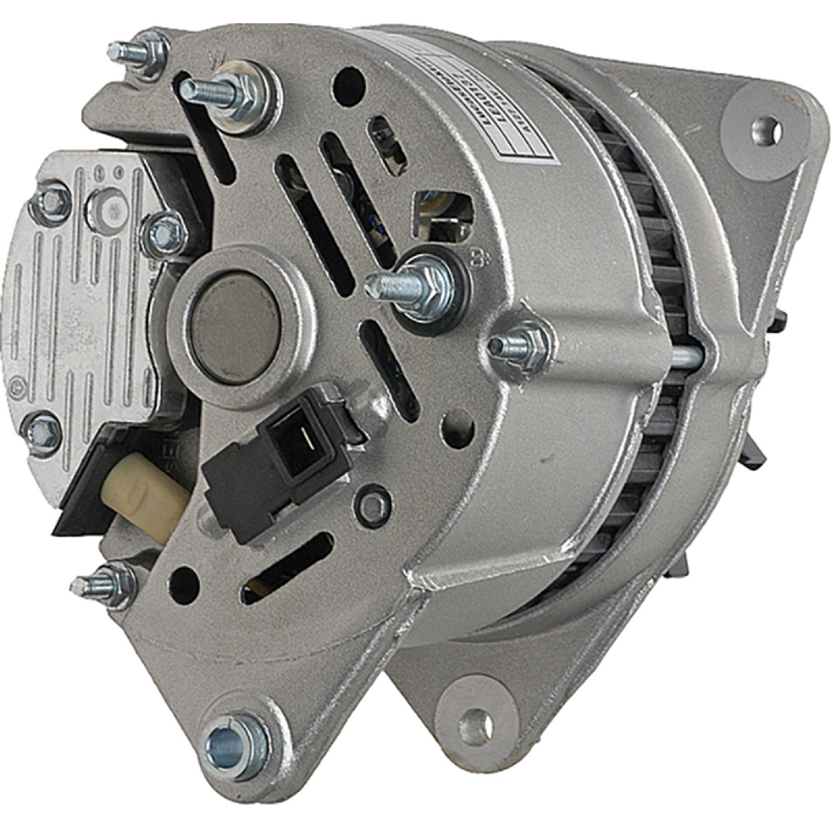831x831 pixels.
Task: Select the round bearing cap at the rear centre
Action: pyautogui.click(x=238, y=324)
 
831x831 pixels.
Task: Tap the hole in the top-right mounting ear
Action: pyautogui.click(x=766, y=130)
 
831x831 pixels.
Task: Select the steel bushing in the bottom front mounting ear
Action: pyautogui.click(x=233, y=747)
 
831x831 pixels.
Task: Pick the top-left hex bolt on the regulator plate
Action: pyautogui.click(x=50, y=203)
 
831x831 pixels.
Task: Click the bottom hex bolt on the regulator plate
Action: pyautogui.click(x=42, y=432)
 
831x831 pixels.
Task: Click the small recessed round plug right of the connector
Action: pyautogui.click(x=375, y=504)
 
